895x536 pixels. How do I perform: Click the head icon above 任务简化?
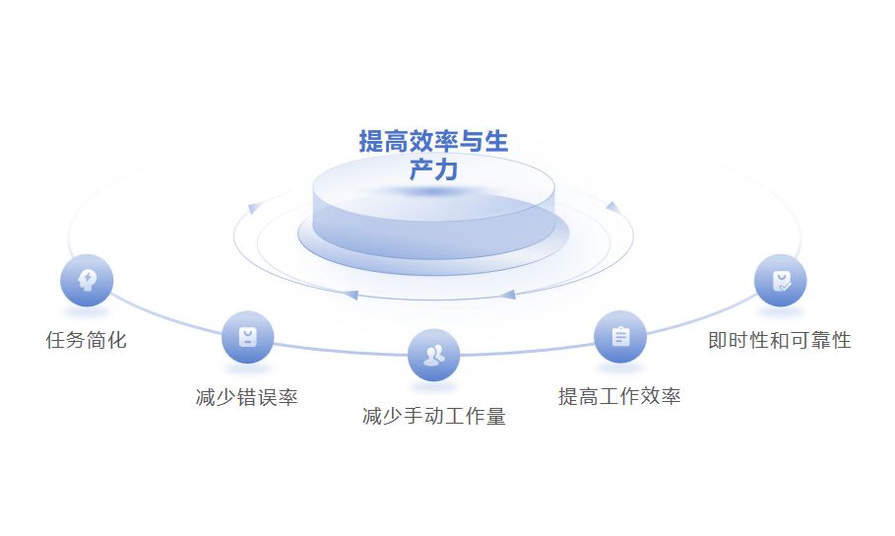coord(87,280)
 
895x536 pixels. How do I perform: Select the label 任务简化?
coord(87,341)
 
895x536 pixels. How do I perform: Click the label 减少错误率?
coord(247,398)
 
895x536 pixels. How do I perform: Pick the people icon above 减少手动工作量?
coord(433,354)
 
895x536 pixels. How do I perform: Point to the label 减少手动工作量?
coord(434,417)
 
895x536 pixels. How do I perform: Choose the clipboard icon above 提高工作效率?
coord(619,337)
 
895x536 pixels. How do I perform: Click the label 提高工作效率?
coord(619,397)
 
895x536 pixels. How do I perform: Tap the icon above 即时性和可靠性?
coord(781,281)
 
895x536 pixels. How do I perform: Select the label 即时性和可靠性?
coord(780,341)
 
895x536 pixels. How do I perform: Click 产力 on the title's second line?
coord(433,169)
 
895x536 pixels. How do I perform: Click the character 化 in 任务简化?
coord(117,341)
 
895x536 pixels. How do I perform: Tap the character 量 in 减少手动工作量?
coord(495,417)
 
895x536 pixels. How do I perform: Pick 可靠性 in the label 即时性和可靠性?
coord(819,341)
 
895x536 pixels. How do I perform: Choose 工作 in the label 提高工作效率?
coord(619,397)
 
